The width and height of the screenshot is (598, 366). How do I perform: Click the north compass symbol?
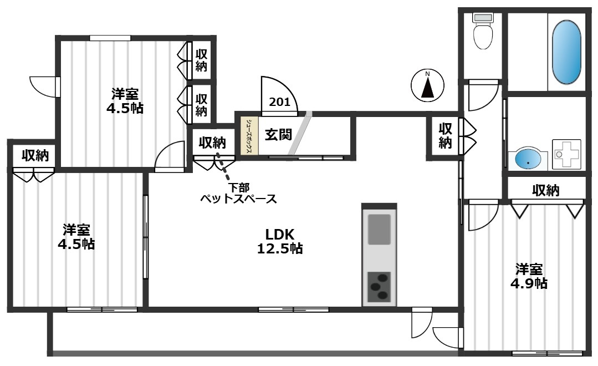427,87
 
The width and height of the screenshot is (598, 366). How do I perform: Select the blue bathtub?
567,52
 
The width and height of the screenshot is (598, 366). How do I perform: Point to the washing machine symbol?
566,154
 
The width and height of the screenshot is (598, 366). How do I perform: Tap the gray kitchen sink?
379,230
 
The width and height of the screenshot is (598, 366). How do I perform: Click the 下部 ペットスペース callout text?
238,194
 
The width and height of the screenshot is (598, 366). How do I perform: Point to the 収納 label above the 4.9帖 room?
546,191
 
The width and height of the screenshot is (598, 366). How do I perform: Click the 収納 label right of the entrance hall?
445,135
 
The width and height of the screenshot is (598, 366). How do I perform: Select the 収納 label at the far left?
35,156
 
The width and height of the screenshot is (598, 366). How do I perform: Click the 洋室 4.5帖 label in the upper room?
125,100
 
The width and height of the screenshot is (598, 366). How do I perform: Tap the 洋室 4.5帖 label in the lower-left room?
76,237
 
